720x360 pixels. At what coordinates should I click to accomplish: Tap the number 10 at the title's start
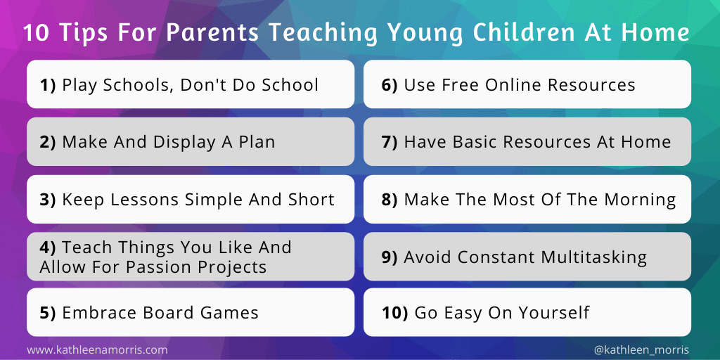click(x=34, y=33)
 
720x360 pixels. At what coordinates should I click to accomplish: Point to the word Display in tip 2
click(x=174, y=142)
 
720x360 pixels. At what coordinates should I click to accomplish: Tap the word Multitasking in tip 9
click(x=593, y=257)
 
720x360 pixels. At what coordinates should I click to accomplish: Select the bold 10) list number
click(x=394, y=313)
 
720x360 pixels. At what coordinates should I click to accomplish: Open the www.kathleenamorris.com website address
click(x=98, y=349)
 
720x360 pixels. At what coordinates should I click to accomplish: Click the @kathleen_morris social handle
click(x=641, y=349)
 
